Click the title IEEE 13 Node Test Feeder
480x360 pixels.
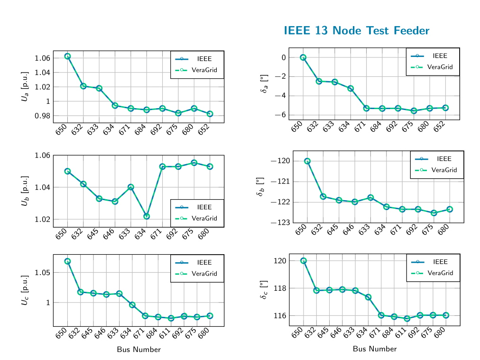point(356,31)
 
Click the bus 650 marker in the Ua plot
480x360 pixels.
point(67,56)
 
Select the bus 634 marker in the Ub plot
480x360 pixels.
point(147,216)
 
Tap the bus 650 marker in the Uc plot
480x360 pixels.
point(67,261)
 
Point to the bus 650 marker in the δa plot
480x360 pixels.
point(303,57)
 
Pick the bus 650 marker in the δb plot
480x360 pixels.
point(307,161)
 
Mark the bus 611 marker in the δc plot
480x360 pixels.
point(407,318)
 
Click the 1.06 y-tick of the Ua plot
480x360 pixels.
point(42,58)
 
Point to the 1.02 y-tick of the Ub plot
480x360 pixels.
point(42,220)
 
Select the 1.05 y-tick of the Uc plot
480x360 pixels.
point(42,273)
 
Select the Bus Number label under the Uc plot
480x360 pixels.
point(138,350)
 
